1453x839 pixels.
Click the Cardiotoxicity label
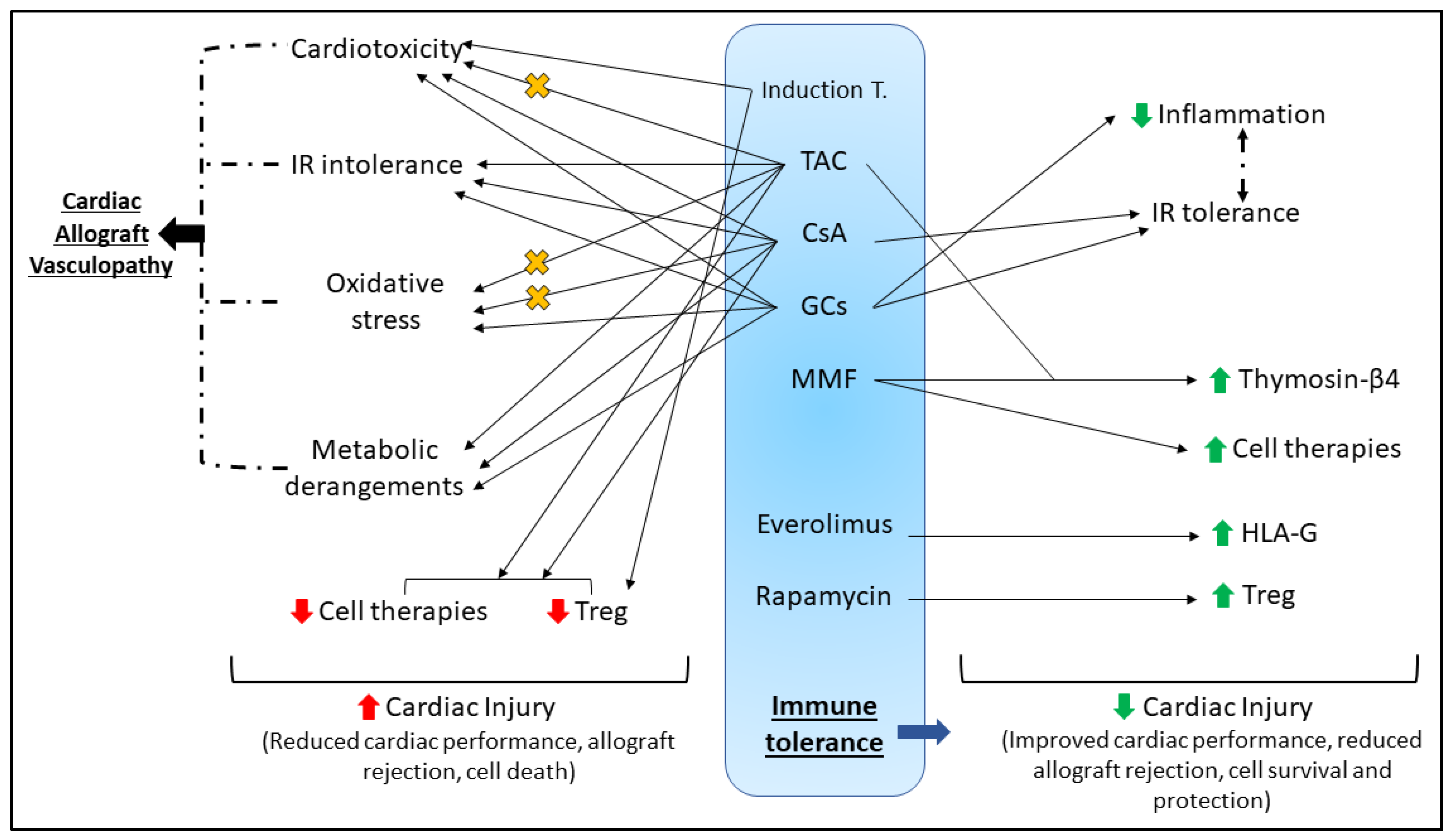376,49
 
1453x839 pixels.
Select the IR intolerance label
376,165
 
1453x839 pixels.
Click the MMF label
823,379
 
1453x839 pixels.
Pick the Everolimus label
824,524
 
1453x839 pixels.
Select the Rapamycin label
823,596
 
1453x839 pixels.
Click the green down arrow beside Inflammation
1141,115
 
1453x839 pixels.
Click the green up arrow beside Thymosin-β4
1219,380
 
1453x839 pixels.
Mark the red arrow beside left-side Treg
557,611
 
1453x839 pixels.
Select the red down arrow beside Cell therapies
301,611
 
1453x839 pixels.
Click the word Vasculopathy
101,266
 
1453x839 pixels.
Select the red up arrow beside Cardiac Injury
368,708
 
